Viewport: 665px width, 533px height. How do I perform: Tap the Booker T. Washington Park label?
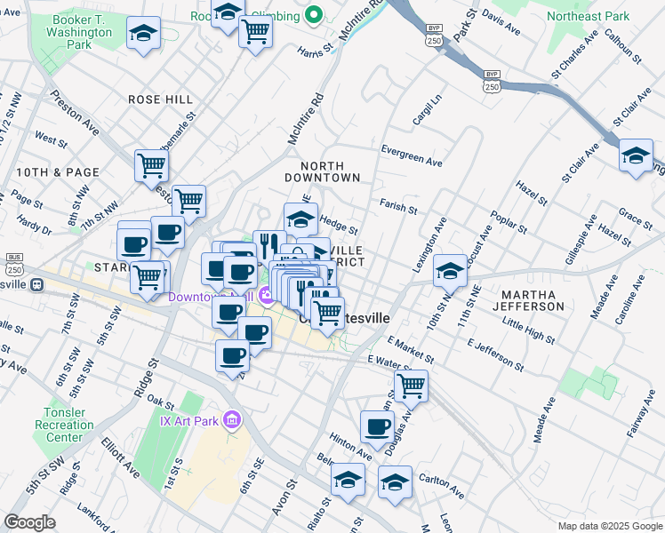tap(79, 32)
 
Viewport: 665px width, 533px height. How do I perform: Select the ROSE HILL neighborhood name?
tap(161, 99)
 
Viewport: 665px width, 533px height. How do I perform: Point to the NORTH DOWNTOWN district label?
tap(330, 171)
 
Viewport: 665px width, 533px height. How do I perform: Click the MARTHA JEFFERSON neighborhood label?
tap(533, 299)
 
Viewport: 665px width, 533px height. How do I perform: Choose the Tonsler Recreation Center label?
tap(68, 425)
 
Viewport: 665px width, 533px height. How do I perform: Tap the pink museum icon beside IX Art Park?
tap(233, 418)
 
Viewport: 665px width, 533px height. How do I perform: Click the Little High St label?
tap(529, 333)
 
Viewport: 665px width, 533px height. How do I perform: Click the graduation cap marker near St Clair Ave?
tap(636, 155)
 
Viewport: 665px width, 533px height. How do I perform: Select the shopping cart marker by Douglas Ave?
tap(411, 385)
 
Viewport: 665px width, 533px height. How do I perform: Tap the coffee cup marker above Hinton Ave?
tap(377, 426)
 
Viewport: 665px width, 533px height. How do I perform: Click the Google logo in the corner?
tap(29, 522)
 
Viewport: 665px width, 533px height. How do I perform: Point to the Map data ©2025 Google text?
tap(609, 526)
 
